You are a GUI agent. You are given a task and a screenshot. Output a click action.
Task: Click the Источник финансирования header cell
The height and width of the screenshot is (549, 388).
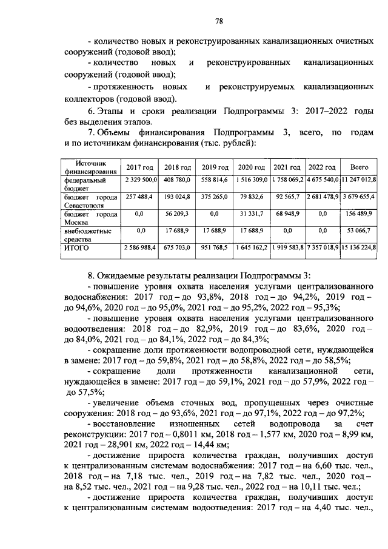90,167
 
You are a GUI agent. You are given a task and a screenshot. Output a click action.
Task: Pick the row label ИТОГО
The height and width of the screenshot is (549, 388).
77,248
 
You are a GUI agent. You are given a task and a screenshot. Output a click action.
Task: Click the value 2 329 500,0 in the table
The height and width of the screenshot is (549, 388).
141,180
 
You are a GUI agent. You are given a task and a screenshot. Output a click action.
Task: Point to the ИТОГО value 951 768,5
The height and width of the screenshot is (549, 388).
215,248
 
